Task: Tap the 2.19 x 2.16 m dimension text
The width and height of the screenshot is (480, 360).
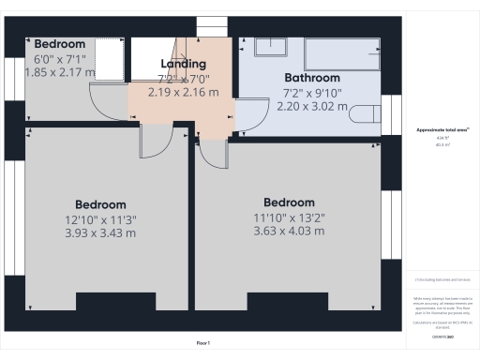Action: coord(183,92)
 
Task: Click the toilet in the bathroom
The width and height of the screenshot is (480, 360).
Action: coord(367,115)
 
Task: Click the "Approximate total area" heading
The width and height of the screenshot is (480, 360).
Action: coord(441,130)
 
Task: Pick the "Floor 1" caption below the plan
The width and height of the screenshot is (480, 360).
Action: coord(202,343)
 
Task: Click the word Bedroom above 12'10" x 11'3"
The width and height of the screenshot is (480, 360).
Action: coord(100,204)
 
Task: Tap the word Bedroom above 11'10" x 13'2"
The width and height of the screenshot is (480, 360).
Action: coord(288,202)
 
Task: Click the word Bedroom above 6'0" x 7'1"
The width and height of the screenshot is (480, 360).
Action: coord(59,44)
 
